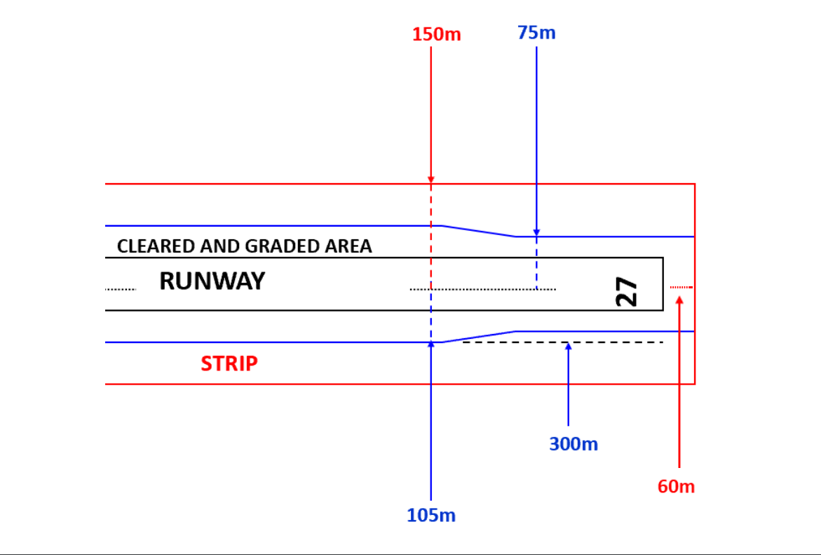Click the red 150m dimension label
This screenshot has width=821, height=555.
coord(436,34)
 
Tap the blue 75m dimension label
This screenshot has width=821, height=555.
coord(536,32)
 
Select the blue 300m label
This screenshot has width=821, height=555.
coord(574,444)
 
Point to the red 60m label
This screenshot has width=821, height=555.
coord(676,486)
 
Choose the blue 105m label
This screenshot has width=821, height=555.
coord(431,516)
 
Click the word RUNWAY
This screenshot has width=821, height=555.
coord(212,281)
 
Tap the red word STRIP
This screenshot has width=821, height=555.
coord(229,363)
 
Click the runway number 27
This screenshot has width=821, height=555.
coord(627,291)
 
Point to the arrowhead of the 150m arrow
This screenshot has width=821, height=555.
coord(430,180)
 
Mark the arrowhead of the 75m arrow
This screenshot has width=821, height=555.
coord(536,232)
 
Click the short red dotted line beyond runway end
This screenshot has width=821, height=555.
coord(681,287)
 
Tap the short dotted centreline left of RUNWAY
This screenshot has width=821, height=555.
coord(120,289)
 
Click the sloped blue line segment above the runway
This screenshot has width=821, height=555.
coord(479,231)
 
